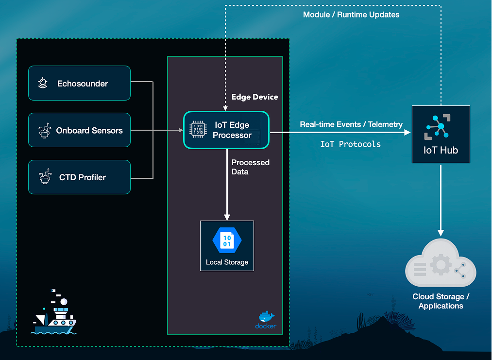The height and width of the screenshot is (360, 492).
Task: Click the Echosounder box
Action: coord(79,83)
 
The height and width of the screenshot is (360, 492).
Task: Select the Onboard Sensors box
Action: coord(79,130)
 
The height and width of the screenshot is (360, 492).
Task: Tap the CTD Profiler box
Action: coord(79,177)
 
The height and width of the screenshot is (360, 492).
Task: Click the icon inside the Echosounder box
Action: coord(43,83)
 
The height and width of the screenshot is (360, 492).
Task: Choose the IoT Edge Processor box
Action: coord(226,130)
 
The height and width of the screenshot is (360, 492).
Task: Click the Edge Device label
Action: coord(254,97)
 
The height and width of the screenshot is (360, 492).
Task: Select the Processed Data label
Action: coord(250,167)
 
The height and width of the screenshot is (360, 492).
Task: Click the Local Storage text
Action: coord(227,262)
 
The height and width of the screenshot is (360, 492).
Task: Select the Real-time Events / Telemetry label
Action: coord(351,124)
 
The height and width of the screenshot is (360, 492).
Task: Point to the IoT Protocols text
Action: coord(350,144)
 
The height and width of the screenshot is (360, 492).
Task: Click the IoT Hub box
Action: coord(441,134)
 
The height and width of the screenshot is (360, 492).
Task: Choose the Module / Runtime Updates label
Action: coord(351,15)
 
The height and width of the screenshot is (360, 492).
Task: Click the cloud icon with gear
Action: coord(441,265)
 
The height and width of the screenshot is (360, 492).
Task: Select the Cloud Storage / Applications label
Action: coord(441,301)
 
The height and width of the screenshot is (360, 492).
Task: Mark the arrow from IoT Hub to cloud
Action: coord(441,199)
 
